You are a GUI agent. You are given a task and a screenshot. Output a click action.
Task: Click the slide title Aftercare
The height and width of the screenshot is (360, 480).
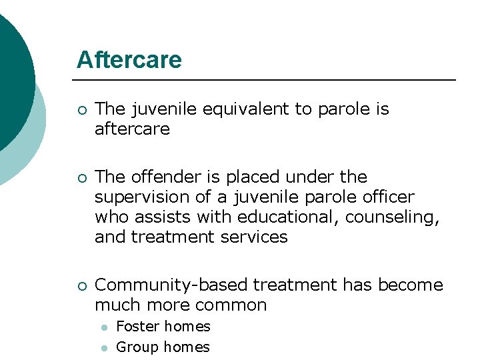point(129,60)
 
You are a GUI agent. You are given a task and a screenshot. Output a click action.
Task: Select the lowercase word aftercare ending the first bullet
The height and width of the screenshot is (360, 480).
point(132,129)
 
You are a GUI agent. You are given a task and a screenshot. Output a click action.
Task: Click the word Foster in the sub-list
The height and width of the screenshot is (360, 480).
point(138,327)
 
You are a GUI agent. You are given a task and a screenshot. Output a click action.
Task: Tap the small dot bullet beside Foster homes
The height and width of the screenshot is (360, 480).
point(105,327)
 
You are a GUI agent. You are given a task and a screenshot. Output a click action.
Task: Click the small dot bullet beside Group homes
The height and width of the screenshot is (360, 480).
point(105,348)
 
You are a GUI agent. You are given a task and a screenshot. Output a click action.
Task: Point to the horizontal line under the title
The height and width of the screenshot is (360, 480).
point(267,80)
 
